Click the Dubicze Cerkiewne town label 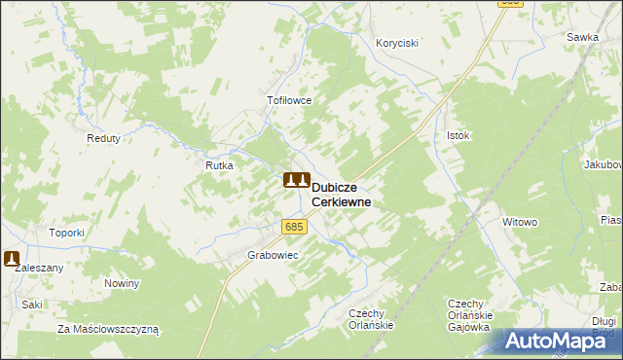pyautogui.click(x=340, y=194)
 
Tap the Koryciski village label pyautogui.click(x=397, y=43)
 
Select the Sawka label pyautogui.click(x=582, y=37)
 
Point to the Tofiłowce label pyautogui.click(x=288, y=100)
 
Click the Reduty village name pyautogui.click(x=103, y=138)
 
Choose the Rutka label pyautogui.click(x=218, y=165)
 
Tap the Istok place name pyautogui.click(x=458, y=135)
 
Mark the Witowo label pyautogui.click(x=520, y=222)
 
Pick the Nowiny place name pyautogui.click(x=122, y=283)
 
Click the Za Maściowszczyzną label pyautogui.click(x=107, y=329)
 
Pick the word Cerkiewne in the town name pyautogui.click(x=340, y=201)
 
